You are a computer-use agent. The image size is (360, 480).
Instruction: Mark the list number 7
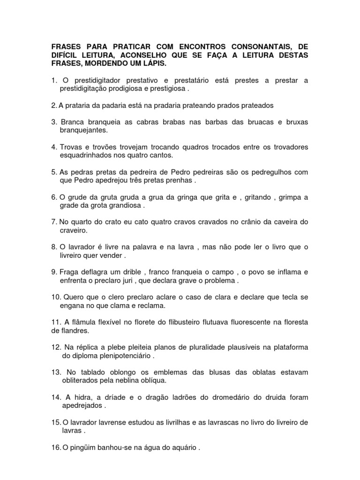point(53,222)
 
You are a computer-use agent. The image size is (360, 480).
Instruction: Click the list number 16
point(55,448)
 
